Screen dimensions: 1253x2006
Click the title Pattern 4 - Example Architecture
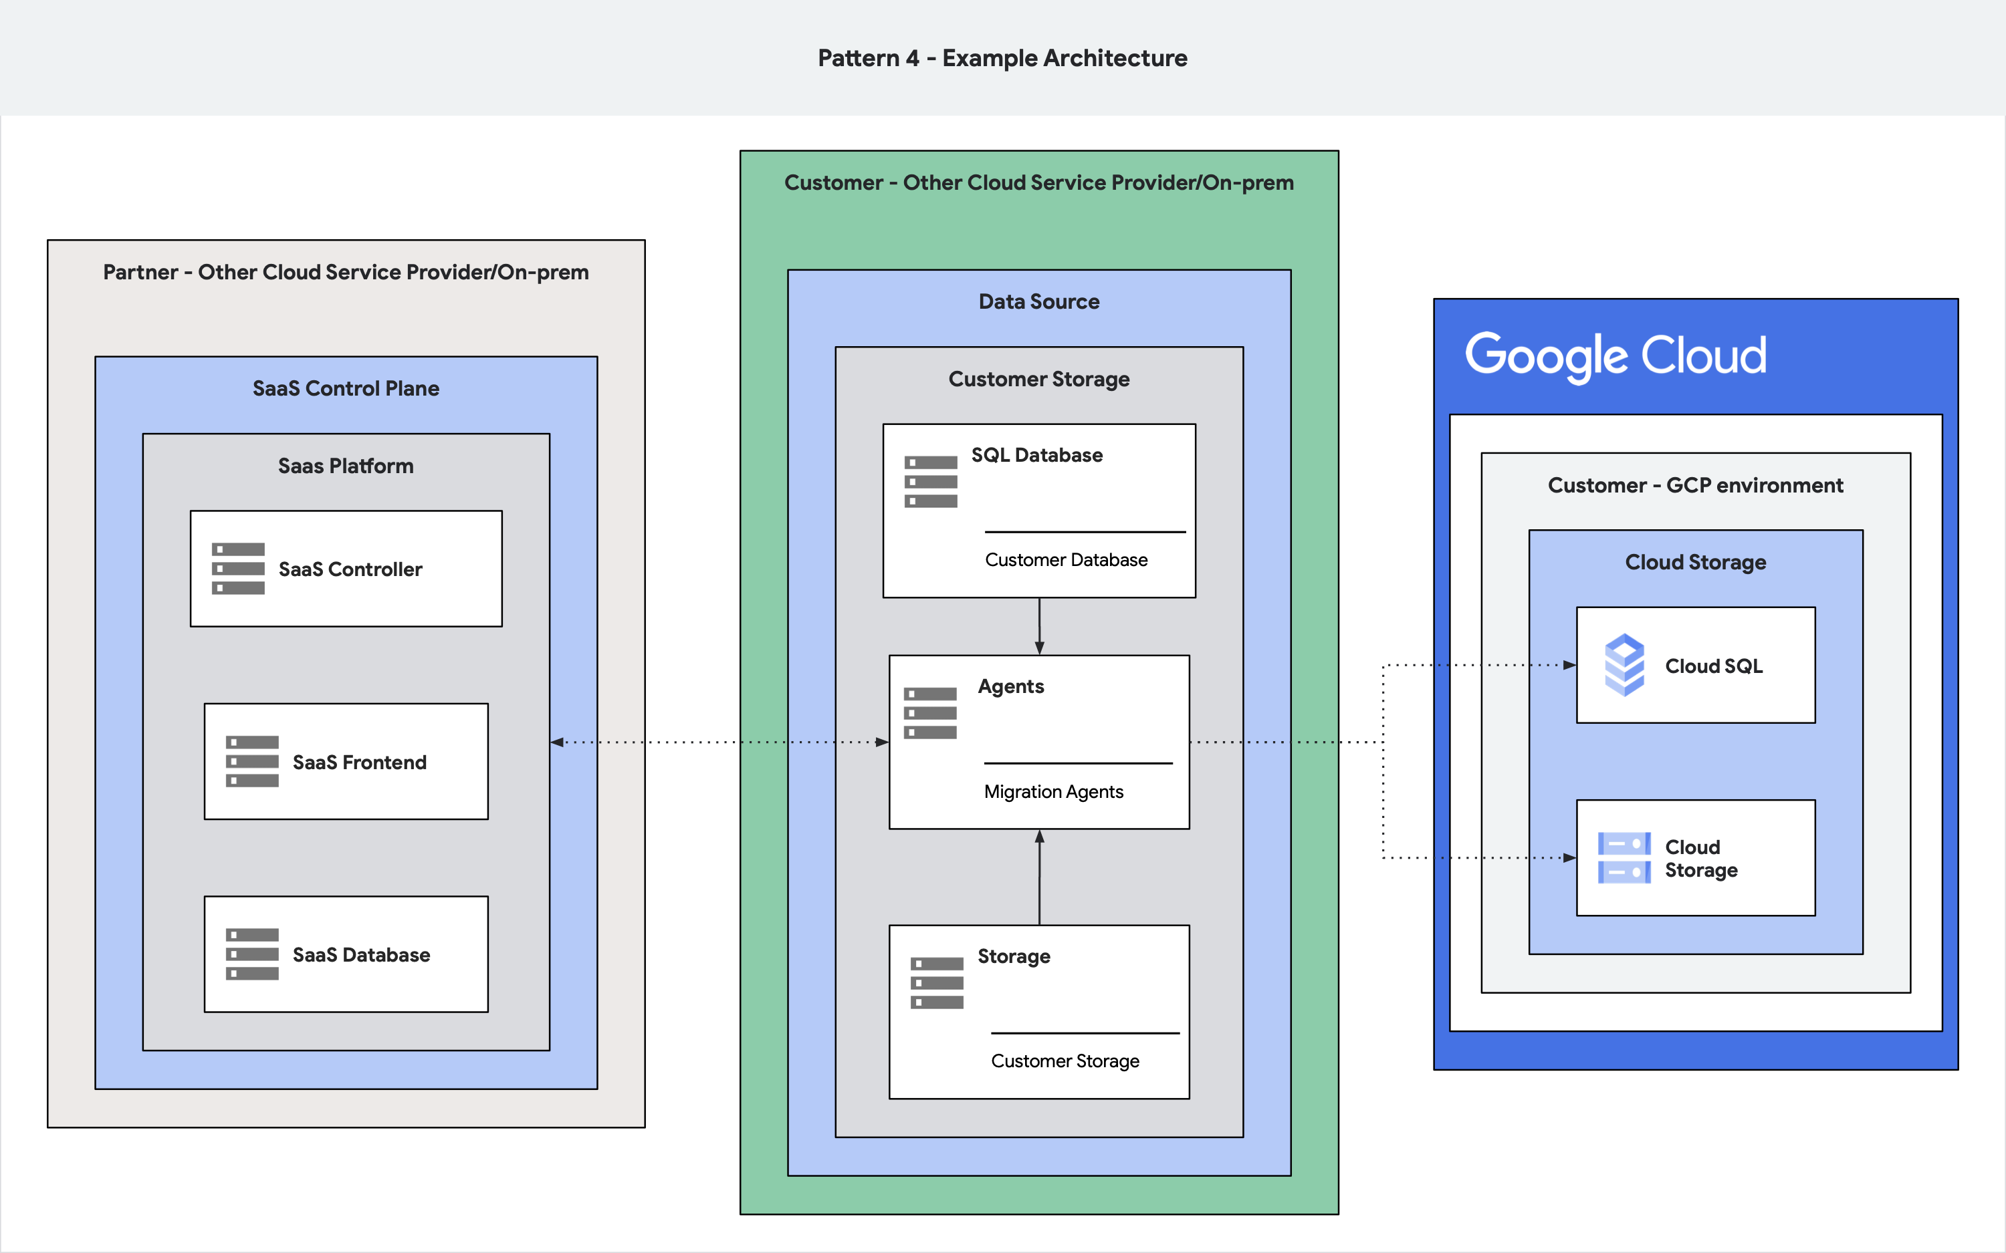pos(1002,58)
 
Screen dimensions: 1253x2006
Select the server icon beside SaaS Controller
pos(238,569)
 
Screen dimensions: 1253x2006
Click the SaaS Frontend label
pos(359,762)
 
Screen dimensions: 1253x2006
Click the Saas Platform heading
pos(346,466)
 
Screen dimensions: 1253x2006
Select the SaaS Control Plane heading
pos(346,389)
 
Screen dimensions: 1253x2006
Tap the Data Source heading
pos(1038,301)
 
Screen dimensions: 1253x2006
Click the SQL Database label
pos(1036,455)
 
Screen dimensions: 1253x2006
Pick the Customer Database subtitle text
pos(1066,560)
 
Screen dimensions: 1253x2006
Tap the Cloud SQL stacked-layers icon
pos(1624,665)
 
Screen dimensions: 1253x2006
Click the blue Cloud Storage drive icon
pos(1624,857)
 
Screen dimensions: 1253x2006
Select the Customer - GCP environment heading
pos(1695,486)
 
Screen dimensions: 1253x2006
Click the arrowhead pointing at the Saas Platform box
pos(558,742)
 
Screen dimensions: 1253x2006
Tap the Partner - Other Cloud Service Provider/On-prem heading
pos(346,273)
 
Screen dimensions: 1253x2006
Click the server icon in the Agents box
pos(930,712)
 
